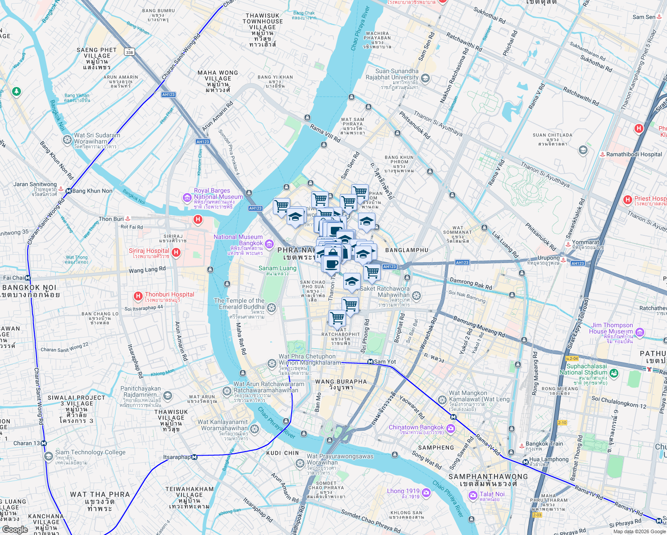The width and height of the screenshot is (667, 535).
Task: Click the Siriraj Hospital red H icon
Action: [x=176, y=253]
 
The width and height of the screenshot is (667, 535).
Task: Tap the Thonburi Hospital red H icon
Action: [x=138, y=296]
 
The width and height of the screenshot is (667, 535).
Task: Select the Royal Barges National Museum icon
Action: [x=187, y=197]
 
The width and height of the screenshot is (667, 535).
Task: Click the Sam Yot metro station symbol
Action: [x=370, y=362]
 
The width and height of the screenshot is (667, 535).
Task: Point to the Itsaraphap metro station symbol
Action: [x=194, y=457]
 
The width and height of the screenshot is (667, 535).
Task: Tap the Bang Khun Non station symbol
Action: [x=69, y=191]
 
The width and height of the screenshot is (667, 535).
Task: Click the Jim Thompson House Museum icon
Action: [x=640, y=332]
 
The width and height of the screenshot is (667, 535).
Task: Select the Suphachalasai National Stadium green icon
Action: [x=614, y=373]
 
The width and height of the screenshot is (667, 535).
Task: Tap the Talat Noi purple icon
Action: [x=473, y=495]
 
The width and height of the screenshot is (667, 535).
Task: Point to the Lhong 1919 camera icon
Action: [x=426, y=493]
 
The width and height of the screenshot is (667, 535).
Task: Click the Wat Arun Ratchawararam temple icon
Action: [x=227, y=391]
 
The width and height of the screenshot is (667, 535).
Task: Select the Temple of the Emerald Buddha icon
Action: [x=272, y=308]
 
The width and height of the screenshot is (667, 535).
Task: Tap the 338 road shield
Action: [x=129, y=52]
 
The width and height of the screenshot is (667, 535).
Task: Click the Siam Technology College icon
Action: [x=49, y=456]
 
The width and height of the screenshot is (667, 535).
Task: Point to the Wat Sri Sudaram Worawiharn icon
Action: [x=67, y=140]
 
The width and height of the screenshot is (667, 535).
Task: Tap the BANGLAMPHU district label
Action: [x=407, y=250]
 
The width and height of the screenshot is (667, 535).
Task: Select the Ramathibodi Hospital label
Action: [x=634, y=154]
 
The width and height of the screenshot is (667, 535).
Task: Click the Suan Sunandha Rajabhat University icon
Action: [x=425, y=78]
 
